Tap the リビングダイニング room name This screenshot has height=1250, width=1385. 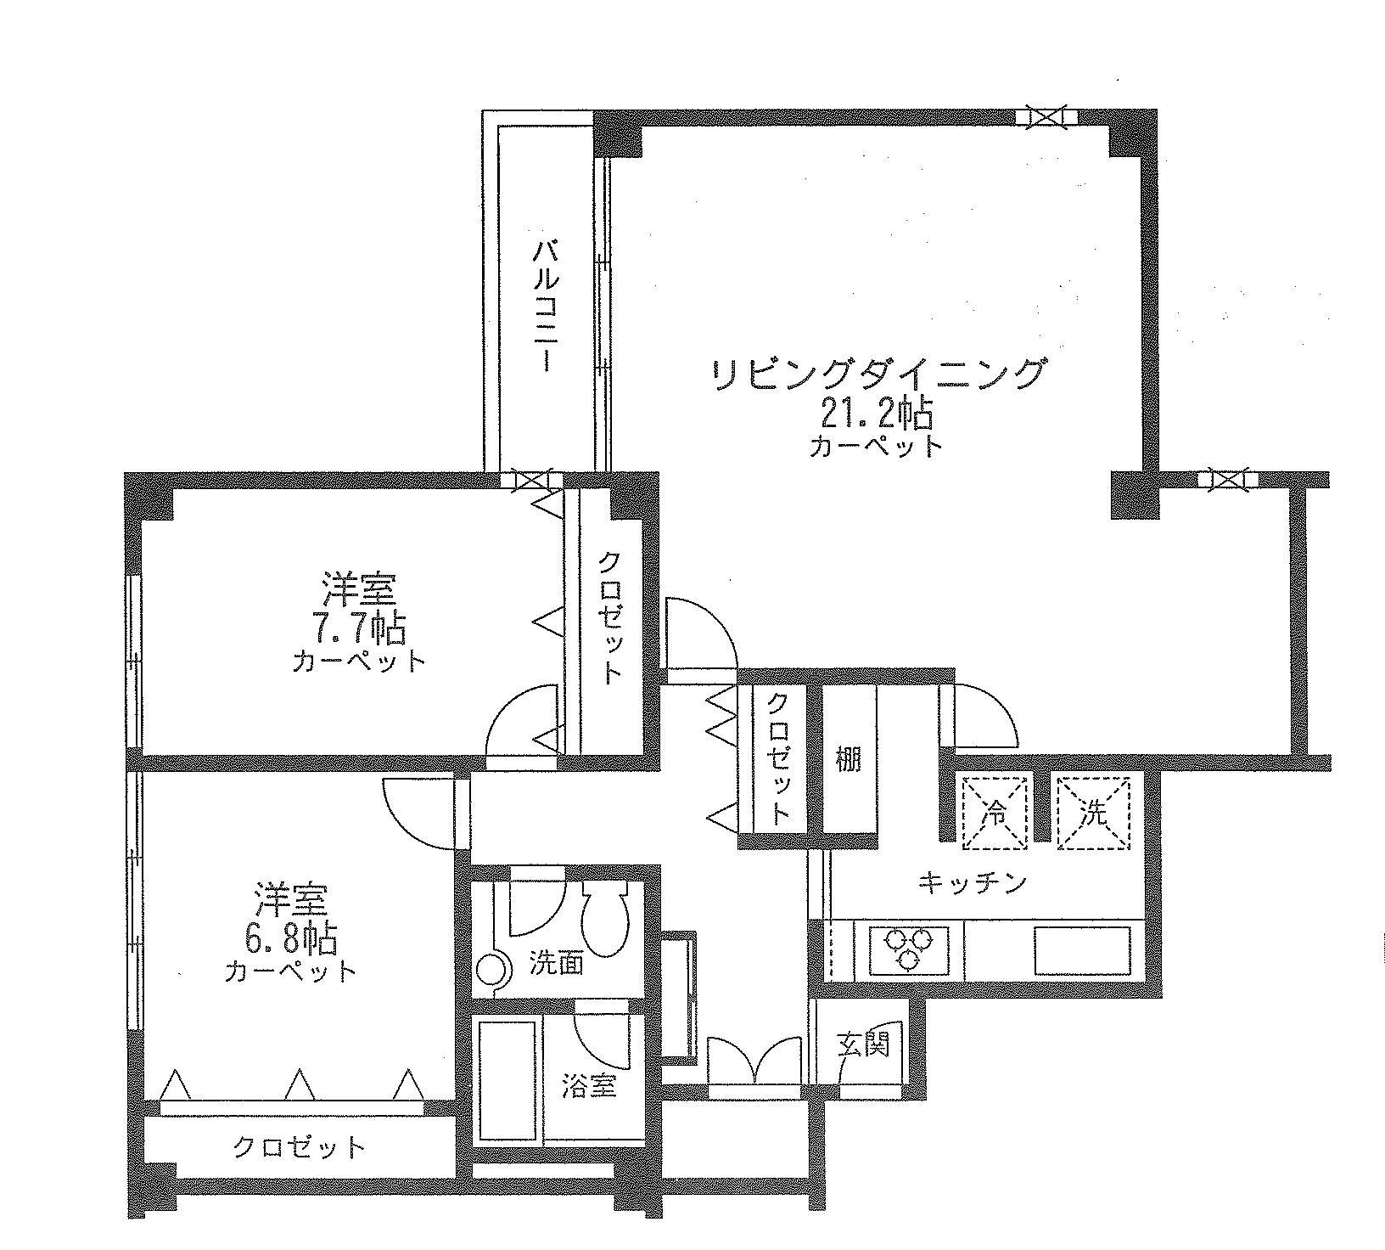point(878,374)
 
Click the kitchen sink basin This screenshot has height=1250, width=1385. point(1082,950)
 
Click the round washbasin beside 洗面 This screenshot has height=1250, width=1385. point(492,968)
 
